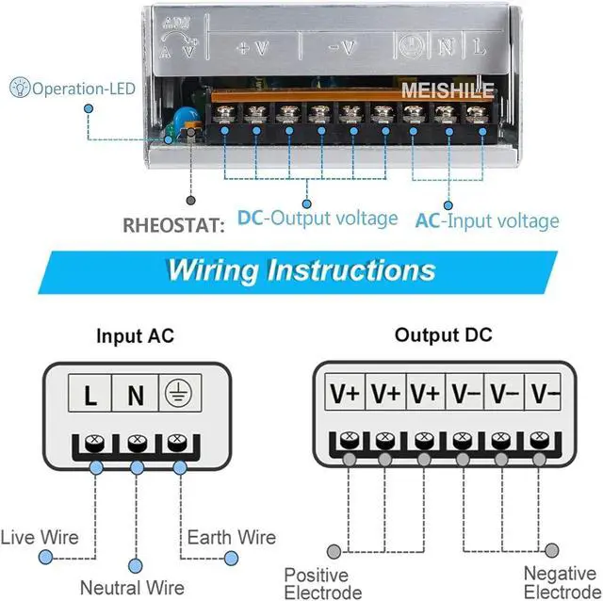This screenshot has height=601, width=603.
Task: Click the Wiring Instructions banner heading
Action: coord(301,270)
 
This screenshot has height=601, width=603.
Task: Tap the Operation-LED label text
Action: coord(83,89)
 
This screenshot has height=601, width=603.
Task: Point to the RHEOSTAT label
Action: coord(173,225)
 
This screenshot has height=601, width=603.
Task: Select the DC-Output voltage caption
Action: coord(318,219)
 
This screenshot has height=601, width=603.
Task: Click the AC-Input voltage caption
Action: coord(487,221)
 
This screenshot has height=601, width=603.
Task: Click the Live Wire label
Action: coord(40,538)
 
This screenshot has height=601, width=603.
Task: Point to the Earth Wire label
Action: coord(232,538)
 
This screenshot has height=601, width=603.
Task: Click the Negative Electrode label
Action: coord(562,583)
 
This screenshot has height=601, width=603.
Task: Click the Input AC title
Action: coord(135,335)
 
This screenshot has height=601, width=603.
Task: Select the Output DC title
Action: coord(443,335)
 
